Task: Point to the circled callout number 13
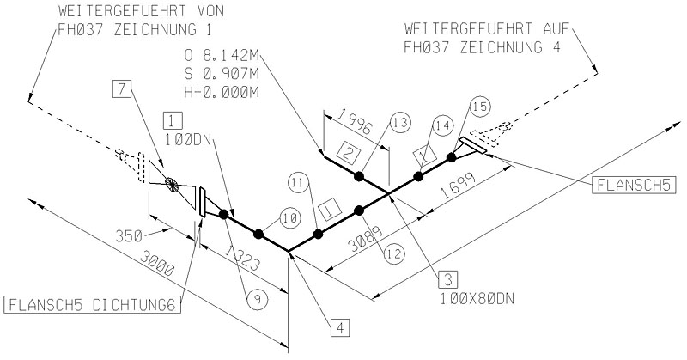398,123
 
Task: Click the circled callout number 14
444,125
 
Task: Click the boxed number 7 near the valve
123,89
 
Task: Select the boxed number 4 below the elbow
340,326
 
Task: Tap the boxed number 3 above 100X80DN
447,278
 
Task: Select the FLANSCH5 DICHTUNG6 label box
94,304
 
